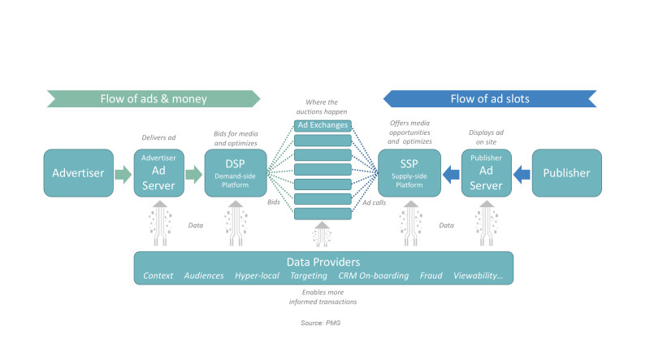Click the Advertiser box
(78, 173)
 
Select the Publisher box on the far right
(566, 173)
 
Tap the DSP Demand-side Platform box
(236, 173)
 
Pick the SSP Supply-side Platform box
(409, 173)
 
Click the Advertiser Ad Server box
(158, 173)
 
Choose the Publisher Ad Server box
(486, 173)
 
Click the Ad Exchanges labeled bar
(323, 125)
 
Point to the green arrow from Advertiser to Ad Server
(123, 174)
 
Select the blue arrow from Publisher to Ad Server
(522, 174)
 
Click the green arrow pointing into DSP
(193, 174)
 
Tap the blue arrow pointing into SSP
(451, 174)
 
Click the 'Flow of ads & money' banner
(154, 98)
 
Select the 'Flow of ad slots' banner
(490, 98)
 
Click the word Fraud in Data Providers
(431, 275)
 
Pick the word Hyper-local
(257, 276)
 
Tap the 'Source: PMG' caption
(320, 323)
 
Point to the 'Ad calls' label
(374, 202)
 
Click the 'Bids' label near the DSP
(274, 202)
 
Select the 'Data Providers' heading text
(323, 262)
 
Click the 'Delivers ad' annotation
(158, 137)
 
